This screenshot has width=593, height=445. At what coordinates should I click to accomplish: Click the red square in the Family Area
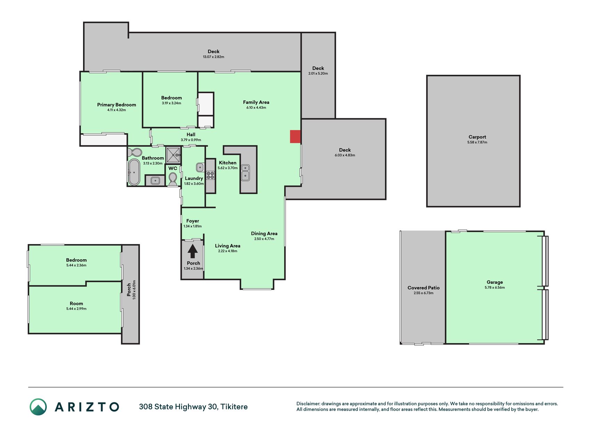click(x=295, y=137)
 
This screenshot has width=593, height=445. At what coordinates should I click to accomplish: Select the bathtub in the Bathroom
click(x=134, y=172)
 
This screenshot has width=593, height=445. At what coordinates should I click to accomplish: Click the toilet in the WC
click(x=173, y=179)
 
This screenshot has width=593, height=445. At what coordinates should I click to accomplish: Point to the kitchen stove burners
click(x=211, y=175)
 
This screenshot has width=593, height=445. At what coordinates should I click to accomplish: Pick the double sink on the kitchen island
click(x=245, y=172)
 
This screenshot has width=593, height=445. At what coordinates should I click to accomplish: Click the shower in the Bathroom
click(x=173, y=155)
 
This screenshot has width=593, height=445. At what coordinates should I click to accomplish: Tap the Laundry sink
click(x=200, y=167)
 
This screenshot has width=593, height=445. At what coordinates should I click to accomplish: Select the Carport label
click(x=477, y=137)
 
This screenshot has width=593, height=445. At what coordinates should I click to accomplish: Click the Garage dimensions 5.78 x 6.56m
click(x=495, y=288)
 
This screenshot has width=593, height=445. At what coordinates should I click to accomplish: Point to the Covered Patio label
click(x=423, y=288)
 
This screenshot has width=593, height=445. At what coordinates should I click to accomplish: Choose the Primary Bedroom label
click(x=117, y=105)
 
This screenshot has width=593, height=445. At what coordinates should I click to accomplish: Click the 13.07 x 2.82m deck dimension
click(x=214, y=57)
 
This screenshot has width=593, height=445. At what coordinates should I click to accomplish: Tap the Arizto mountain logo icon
click(x=38, y=407)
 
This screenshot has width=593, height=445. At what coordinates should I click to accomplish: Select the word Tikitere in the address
click(x=234, y=407)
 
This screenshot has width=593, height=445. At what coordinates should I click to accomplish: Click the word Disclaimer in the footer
click(x=308, y=404)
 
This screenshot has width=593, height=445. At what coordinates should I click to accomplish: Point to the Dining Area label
click(x=264, y=234)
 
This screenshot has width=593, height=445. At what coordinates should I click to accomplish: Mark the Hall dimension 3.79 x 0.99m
click(x=191, y=140)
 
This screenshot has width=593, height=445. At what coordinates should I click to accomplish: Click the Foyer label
click(x=192, y=221)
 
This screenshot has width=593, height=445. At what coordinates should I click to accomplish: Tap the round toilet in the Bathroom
click(x=134, y=152)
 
